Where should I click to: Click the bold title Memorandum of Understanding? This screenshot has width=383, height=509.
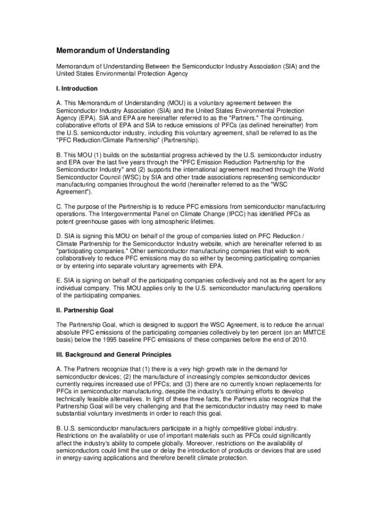112,51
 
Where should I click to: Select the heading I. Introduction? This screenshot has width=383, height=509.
77,88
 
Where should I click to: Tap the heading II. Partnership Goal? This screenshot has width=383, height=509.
85,310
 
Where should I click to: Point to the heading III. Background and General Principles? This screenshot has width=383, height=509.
113,355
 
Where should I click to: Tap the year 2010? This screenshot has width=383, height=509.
300,340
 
